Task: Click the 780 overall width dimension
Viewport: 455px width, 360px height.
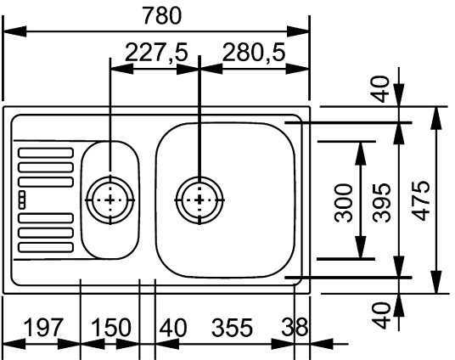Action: (x=162, y=16)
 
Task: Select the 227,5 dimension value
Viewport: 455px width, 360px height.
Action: (x=157, y=53)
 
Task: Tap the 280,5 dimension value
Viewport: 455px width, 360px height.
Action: (x=254, y=53)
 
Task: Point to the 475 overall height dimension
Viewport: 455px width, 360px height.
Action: (x=421, y=200)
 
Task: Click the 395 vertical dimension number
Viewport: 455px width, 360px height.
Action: (x=382, y=203)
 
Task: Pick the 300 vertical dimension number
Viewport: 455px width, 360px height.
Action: (x=343, y=203)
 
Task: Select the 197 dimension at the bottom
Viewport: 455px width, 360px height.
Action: (x=43, y=328)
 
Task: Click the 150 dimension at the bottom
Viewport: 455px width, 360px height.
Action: (x=111, y=328)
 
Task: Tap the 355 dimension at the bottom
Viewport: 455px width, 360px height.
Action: (x=232, y=328)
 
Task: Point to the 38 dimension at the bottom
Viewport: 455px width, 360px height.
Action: (x=295, y=327)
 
